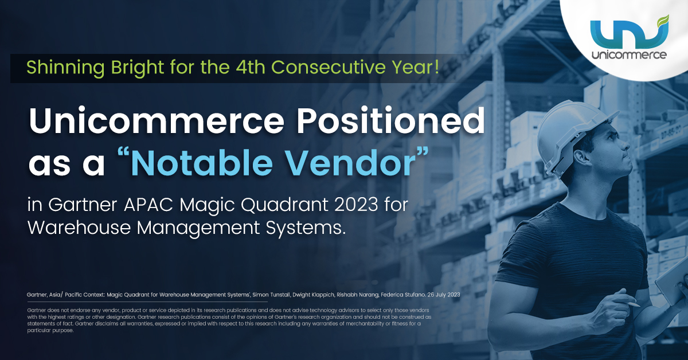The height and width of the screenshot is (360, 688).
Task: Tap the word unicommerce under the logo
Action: pos(629,55)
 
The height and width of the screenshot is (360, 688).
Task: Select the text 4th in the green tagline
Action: pos(250,68)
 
